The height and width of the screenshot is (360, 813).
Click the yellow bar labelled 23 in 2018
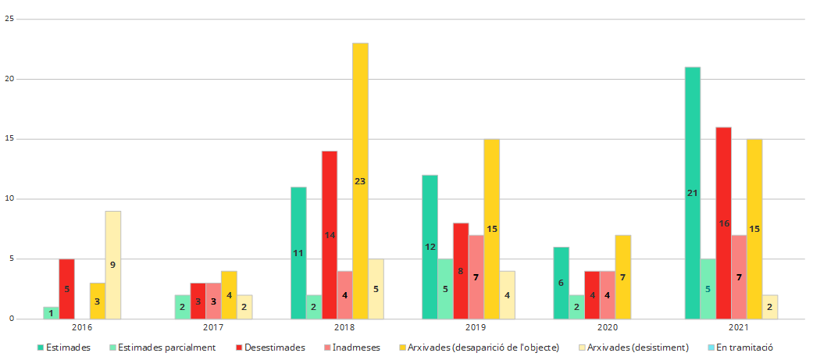coord(360,180)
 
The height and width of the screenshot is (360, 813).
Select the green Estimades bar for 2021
coord(692,193)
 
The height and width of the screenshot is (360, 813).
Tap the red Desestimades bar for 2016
coord(66,288)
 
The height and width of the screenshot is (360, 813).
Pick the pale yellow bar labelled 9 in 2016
coord(113,265)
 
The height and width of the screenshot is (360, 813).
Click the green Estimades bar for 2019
coord(430,247)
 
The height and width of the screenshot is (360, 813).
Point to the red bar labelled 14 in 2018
coord(330,234)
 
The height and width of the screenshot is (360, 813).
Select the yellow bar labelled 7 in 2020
coord(622,276)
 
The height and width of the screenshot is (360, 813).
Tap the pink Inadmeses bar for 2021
coord(739,276)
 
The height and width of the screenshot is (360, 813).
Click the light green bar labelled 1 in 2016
coord(51,312)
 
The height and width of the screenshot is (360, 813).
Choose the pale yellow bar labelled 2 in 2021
coord(770,307)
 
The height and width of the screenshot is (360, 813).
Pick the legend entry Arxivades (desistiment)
coord(637,347)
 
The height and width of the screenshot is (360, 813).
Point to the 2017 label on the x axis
coord(213,328)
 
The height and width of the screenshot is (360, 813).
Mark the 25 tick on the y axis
coord(9,19)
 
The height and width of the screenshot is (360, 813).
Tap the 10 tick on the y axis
coord(9,199)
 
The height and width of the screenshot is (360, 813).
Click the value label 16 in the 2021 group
coord(724,223)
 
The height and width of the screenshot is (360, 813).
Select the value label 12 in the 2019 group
coord(430,247)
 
